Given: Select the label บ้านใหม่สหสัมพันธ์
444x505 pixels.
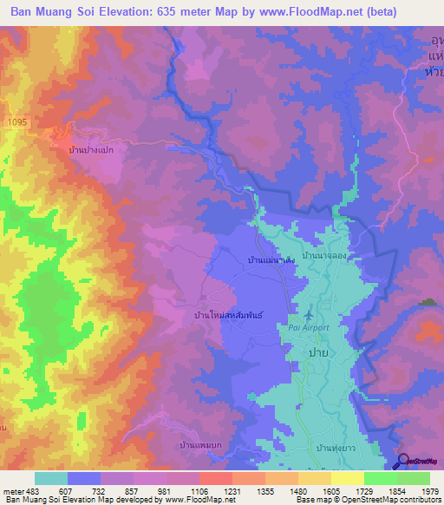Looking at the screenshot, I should [x=228, y=316].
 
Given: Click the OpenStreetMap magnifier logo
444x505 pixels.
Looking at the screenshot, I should [x=405, y=461].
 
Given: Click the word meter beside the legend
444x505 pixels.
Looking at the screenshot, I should [x=13, y=490].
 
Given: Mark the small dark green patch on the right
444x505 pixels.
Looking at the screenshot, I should [x=428, y=302].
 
